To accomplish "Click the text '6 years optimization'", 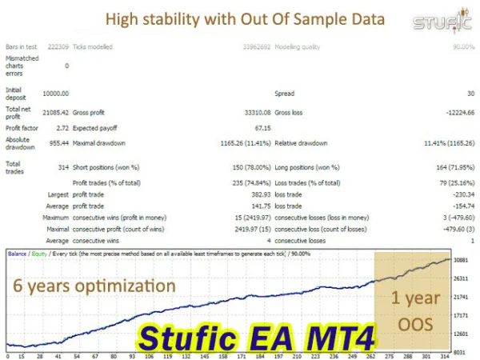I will pyautogui.click(x=93, y=285).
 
